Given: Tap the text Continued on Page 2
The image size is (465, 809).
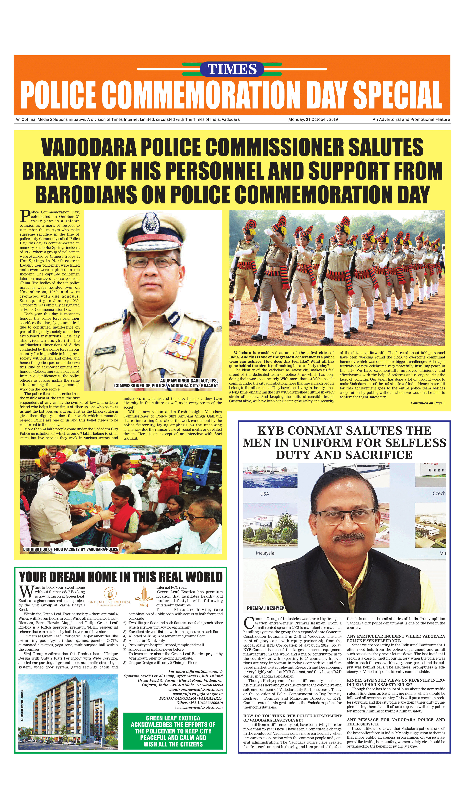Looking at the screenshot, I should pos(428,403).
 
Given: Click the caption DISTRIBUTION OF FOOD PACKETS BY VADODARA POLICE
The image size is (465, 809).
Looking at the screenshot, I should pos(71,549).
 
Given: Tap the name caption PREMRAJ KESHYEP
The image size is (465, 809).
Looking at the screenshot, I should pos(265,608).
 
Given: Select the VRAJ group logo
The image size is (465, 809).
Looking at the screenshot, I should pos(144,597).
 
